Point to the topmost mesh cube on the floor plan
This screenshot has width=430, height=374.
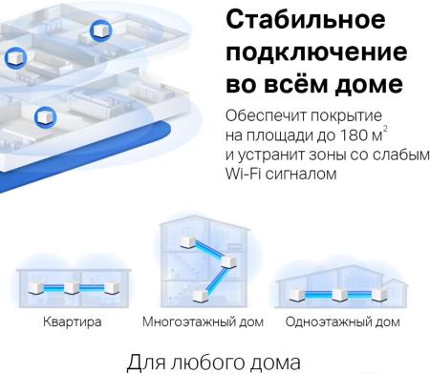coord(99,31)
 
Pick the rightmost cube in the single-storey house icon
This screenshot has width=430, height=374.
coord(376,287)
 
